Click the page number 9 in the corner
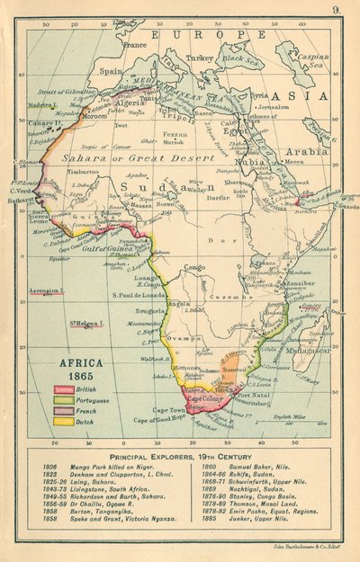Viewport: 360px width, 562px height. (335, 10)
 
